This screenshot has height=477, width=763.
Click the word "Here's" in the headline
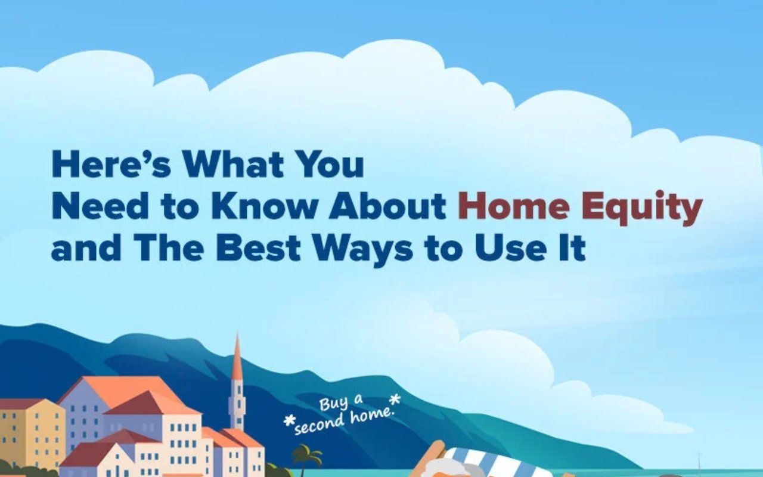point(111,165)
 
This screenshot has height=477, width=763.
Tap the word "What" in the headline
point(233,165)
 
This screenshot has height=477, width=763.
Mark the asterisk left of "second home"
point(289,422)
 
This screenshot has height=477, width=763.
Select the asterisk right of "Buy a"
point(395,399)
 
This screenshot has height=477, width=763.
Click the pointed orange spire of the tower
point(237,357)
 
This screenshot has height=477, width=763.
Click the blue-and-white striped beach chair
point(494,463)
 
